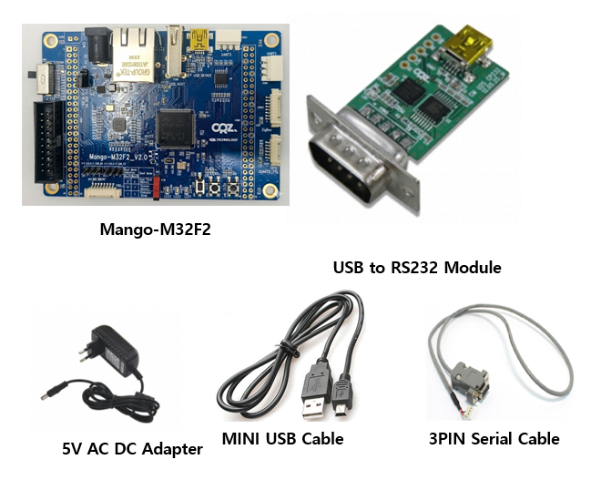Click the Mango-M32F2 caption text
click(x=155, y=229)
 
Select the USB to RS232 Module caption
click(x=417, y=267)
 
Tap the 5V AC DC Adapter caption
click(x=132, y=447)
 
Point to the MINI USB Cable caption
click(x=282, y=438)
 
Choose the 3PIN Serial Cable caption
click(x=494, y=438)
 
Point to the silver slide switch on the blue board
click(x=39, y=77)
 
